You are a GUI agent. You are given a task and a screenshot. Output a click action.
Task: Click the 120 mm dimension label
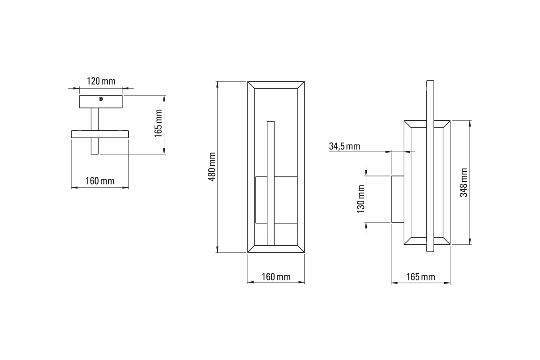tap(101, 81)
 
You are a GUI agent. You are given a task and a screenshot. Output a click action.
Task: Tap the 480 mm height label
tap(212, 166)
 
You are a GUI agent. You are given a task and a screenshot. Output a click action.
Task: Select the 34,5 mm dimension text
tap(345, 146)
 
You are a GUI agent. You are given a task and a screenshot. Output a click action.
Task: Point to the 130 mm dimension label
tap(360, 199)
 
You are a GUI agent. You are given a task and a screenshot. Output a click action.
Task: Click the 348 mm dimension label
tap(463, 183)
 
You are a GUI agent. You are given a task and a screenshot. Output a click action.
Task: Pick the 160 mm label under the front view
tap(276, 277)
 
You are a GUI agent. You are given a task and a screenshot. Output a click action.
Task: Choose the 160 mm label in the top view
tap(100, 181)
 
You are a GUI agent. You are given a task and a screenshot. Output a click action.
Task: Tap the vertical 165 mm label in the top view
tap(158, 123)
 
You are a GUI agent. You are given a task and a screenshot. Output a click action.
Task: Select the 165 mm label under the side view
tap(421, 277)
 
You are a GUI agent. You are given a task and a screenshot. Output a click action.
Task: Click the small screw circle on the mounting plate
tap(101, 99)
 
